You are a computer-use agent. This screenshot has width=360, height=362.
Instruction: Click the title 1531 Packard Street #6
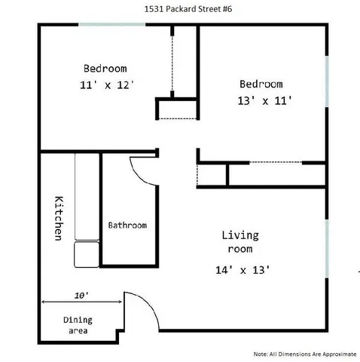pyautogui.click(x=180, y=10)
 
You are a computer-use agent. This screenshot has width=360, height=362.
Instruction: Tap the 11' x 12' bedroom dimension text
pyautogui.click(x=110, y=85)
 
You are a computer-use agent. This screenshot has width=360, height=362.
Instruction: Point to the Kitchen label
pyautogui.click(x=57, y=219)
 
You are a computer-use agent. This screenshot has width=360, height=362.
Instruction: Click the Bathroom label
pyautogui.click(x=127, y=225)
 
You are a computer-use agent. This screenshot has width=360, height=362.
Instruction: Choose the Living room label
pyautogui.click(x=241, y=241)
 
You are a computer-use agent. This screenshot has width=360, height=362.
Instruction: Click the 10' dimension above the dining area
pyautogui.click(x=81, y=295)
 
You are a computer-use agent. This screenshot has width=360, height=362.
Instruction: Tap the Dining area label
pyautogui.click(x=78, y=325)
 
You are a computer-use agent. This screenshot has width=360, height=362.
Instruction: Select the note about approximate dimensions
pyautogui.click(x=304, y=353)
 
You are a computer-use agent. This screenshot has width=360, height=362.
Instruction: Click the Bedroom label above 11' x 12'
pyautogui.click(x=105, y=66)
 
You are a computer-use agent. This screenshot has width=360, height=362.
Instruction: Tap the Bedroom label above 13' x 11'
pyautogui.click(x=261, y=84)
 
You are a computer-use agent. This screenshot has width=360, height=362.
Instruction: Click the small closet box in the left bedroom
pyautogui.click(x=175, y=109)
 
